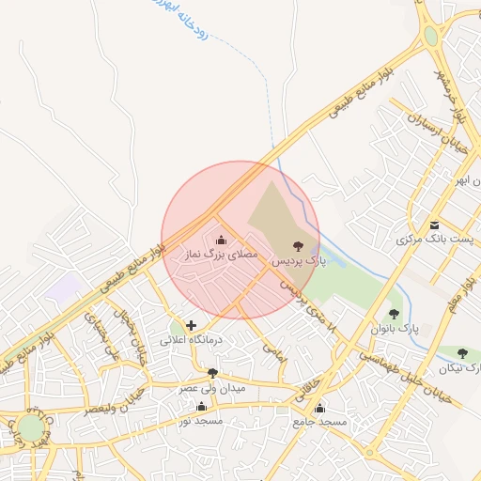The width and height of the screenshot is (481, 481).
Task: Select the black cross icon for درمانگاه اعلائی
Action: click(192, 325)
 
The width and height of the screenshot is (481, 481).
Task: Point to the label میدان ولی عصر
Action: click(212, 387)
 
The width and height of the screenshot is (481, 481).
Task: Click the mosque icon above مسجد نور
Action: click(201, 407)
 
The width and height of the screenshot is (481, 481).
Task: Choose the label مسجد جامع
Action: click(319, 422)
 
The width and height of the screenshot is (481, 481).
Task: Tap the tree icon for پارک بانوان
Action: click(395, 314)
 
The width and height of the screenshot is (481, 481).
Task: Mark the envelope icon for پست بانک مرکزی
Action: click(435, 225)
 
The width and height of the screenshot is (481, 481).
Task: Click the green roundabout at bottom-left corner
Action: click(31, 427)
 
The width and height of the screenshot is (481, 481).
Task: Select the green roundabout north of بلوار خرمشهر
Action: click(431, 37)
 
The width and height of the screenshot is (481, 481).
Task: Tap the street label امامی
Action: click(274, 354)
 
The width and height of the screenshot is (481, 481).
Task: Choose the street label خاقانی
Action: click(308, 388)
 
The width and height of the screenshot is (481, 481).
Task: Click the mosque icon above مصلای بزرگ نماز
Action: click(222, 241)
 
